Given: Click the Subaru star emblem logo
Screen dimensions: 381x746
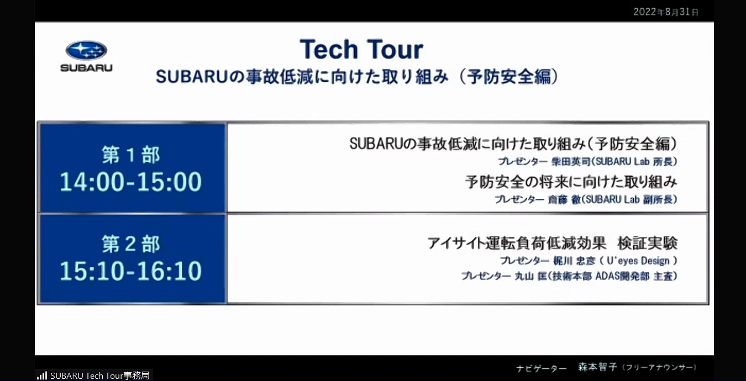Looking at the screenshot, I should pyautogui.click(x=86, y=51).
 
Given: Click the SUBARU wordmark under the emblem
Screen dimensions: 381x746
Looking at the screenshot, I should pyautogui.click(x=86, y=68).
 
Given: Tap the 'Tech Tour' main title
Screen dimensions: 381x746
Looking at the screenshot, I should pyautogui.click(x=361, y=50).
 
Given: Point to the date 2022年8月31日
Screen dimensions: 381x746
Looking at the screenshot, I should pyautogui.click(x=666, y=12).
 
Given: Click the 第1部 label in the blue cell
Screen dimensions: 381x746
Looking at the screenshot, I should pyautogui.click(x=131, y=155).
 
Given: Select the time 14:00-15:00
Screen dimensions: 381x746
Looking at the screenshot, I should pyautogui.click(x=131, y=182).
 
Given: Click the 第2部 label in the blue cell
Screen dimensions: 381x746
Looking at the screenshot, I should pyautogui.click(x=131, y=244).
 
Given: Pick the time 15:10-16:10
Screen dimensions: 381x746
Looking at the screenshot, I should pyautogui.click(x=131, y=271).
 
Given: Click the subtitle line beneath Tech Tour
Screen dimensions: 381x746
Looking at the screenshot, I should pyautogui.click(x=357, y=77).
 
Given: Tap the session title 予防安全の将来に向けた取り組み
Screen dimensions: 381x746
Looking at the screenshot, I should pyautogui.click(x=571, y=182).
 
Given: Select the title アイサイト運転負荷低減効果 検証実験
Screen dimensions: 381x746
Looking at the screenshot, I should pyautogui.click(x=552, y=243).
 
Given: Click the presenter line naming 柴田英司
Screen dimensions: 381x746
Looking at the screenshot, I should pyautogui.click(x=587, y=162).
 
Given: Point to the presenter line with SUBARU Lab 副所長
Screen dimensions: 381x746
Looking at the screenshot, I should pyautogui.click(x=586, y=200).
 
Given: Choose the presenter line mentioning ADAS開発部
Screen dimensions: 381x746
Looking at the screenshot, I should pyautogui.click(x=569, y=276).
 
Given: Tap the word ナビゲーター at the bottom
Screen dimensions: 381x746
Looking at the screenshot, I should pyautogui.click(x=542, y=368).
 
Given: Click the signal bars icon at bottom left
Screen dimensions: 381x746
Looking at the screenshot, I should pyautogui.click(x=42, y=375).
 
